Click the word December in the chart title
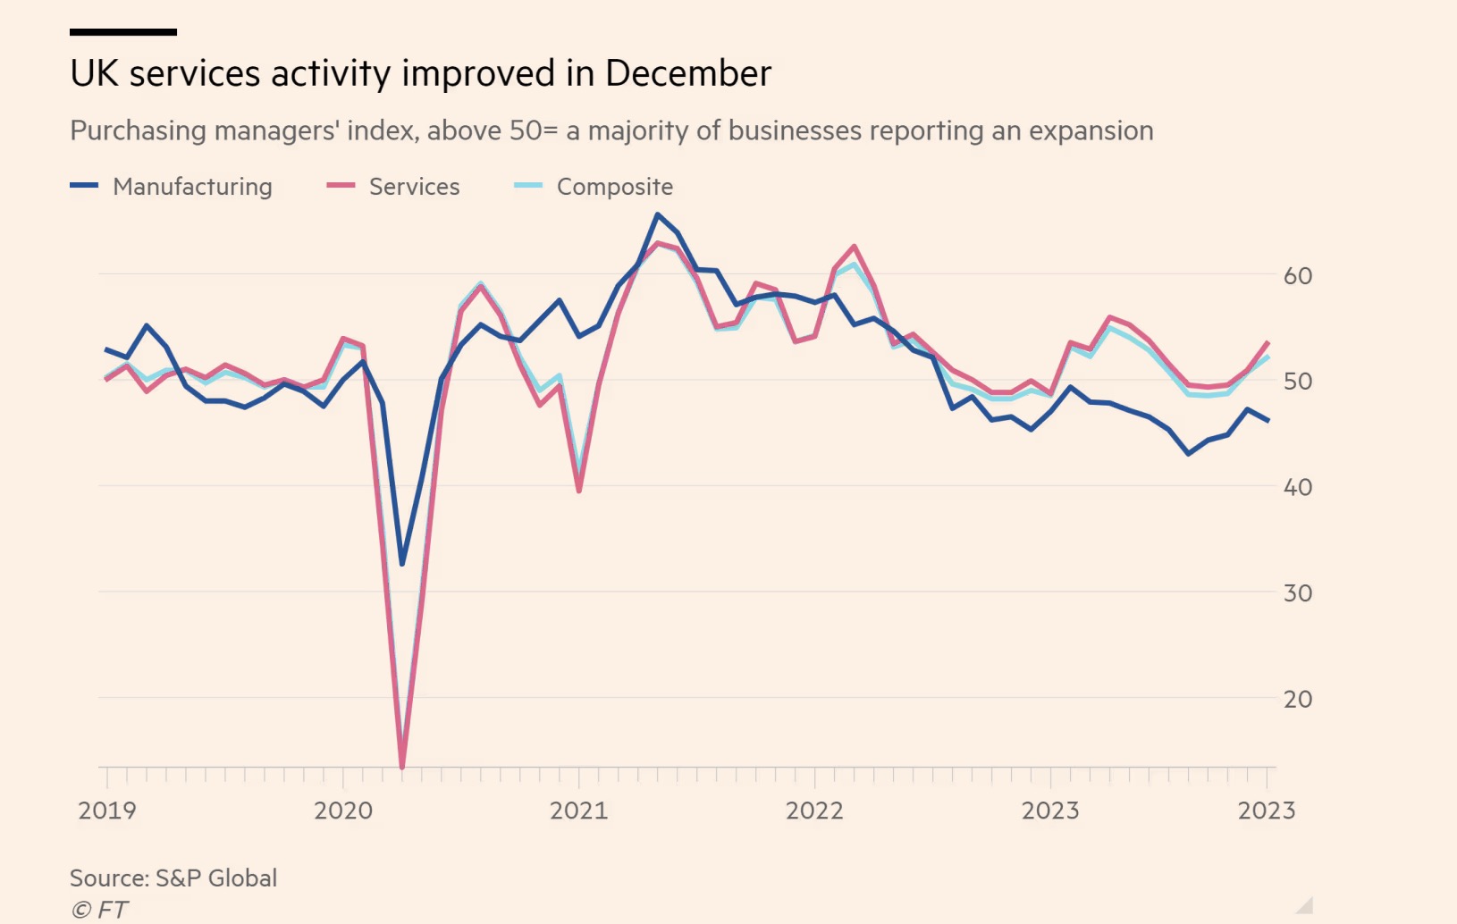tap(687, 73)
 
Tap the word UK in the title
tap(94, 73)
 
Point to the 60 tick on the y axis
tap(1298, 276)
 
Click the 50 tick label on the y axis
tap(1298, 382)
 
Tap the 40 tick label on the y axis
tap(1298, 487)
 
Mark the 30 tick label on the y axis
tap(1298, 593)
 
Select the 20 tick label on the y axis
tap(1298, 699)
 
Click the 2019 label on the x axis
tap(107, 811)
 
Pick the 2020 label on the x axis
tap(343, 811)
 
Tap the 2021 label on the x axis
tap(578, 811)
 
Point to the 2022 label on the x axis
tap(814, 811)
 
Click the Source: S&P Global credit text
tap(173, 878)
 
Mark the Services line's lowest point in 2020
tap(402, 766)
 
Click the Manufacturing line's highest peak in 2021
tap(658, 214)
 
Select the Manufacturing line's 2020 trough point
tap(402, 564)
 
